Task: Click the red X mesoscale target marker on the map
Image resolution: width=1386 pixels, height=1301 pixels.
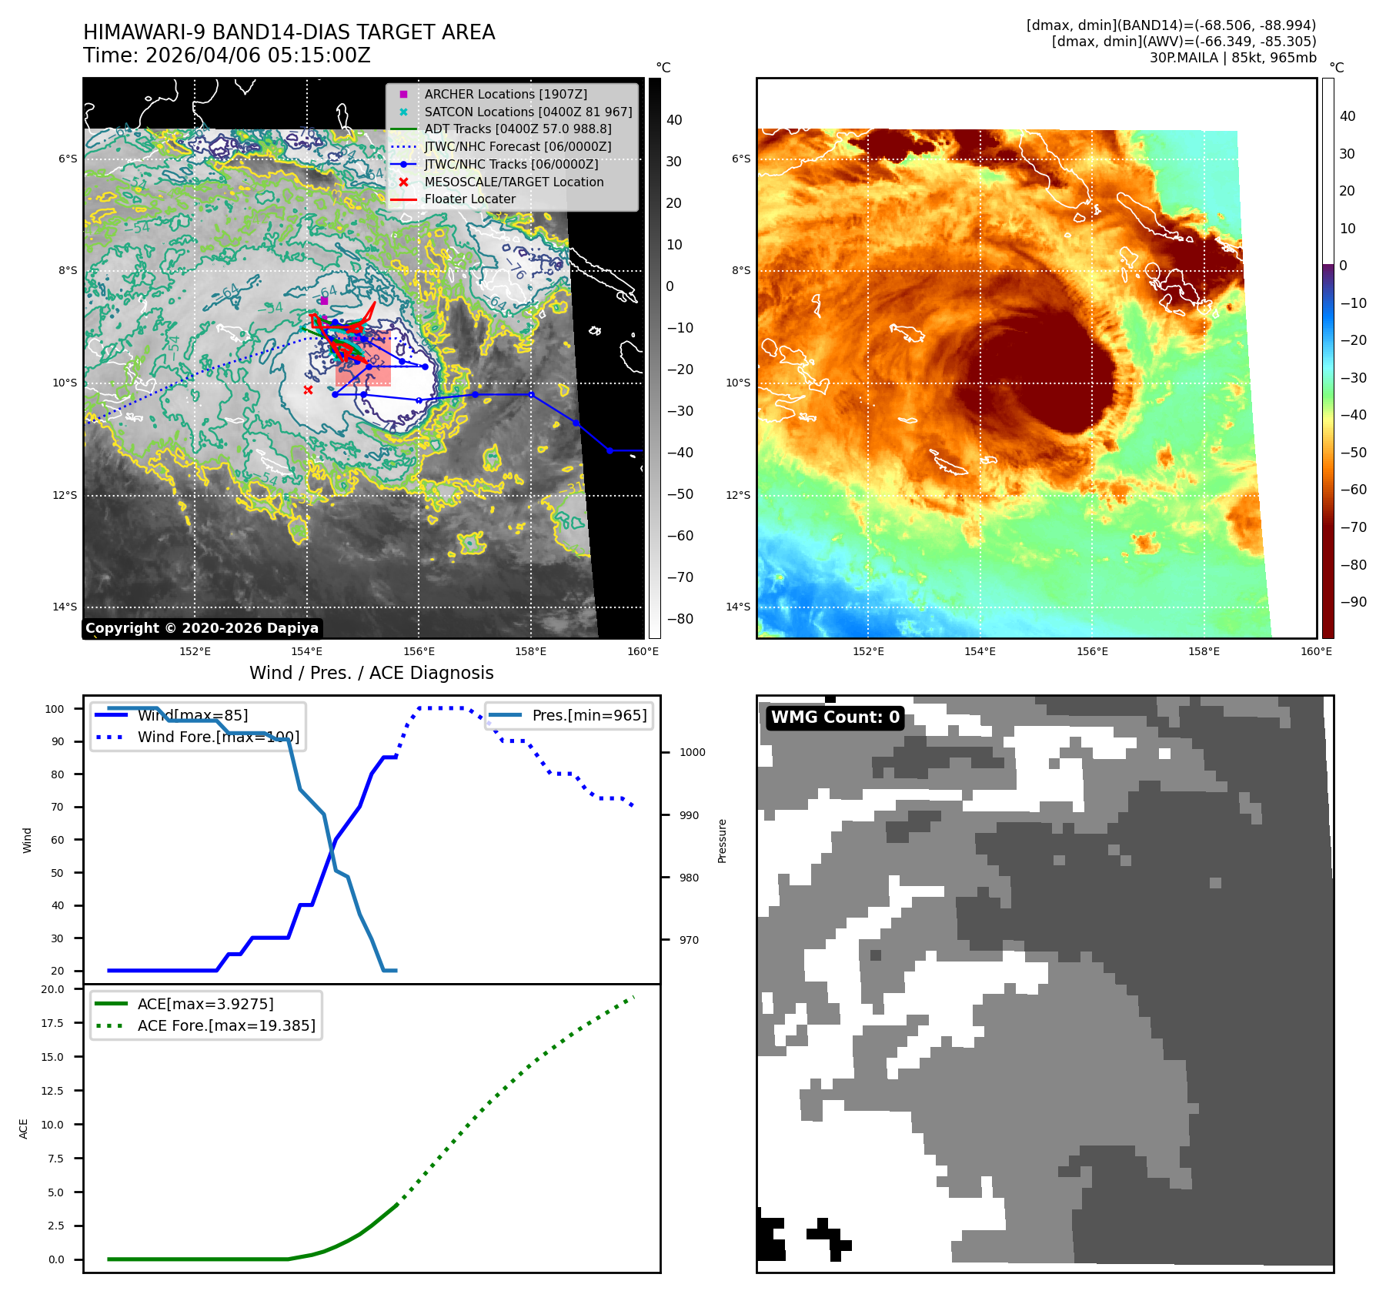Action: pos(308,390)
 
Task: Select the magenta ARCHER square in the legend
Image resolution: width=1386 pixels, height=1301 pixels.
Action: pos(403,94)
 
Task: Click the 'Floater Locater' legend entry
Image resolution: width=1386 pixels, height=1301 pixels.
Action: pos(469,199)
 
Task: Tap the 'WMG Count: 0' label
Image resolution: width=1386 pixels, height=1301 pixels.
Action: pos(835,717)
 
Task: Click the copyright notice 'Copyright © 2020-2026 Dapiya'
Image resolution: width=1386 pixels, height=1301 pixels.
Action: pos(202,628)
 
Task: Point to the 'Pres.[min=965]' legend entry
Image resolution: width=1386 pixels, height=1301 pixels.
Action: pos(589,715)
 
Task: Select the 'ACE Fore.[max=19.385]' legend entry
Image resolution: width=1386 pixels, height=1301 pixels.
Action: pos(226,1025)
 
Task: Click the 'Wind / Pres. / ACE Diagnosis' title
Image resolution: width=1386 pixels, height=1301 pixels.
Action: pos(371,673)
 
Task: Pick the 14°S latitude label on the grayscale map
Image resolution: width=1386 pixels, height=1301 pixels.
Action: pos(65,607)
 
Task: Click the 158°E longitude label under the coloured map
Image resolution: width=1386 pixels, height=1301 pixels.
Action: pos(1204,651)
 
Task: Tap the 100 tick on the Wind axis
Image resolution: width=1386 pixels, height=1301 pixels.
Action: pos(55,709)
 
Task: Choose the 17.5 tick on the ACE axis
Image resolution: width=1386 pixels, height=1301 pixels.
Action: pos(52,1023)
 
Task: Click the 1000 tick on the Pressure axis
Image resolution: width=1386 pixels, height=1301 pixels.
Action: pos(692,752)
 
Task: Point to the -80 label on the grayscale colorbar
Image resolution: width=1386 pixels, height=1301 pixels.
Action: pos(680,619)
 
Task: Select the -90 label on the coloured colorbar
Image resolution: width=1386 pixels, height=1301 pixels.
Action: pos(1353,602)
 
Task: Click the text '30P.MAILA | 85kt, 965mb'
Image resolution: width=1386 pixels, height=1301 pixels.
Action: pos(1232,58)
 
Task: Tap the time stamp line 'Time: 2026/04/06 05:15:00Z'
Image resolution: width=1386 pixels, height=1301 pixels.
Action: pos(227,55)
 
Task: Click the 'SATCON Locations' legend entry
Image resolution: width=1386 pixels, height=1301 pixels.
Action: pos(528,112)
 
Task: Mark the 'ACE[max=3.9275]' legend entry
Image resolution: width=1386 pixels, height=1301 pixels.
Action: pos(205,1004)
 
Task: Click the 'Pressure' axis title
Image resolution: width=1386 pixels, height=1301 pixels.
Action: pos(722,841)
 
